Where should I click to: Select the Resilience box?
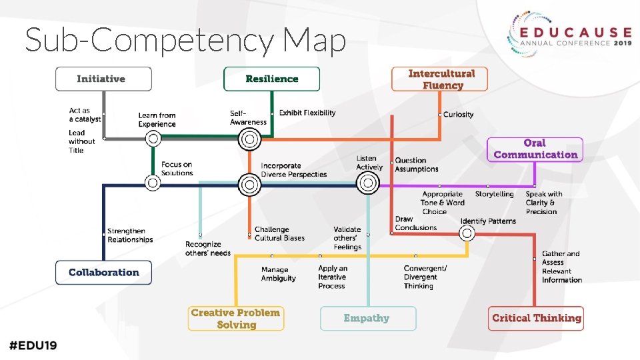[271, 79]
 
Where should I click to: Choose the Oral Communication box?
[535, 149]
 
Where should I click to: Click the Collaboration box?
[103, 273]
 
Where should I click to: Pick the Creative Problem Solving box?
[235, 319]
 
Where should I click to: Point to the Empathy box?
[367, 319]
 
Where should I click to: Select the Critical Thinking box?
[537, 319]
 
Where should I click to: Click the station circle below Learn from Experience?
[153, 139]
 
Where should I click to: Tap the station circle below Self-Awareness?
[249, 139]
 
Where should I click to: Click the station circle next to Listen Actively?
[367, 182]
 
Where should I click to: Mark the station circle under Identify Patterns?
[467, 233]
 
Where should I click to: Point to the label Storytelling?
[494, 195]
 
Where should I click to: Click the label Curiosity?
[459, 115]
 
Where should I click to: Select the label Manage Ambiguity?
[279, 274]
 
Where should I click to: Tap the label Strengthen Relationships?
[130, 235]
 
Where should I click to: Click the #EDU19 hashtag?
[33, 345]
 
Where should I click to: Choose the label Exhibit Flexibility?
[307, 113]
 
